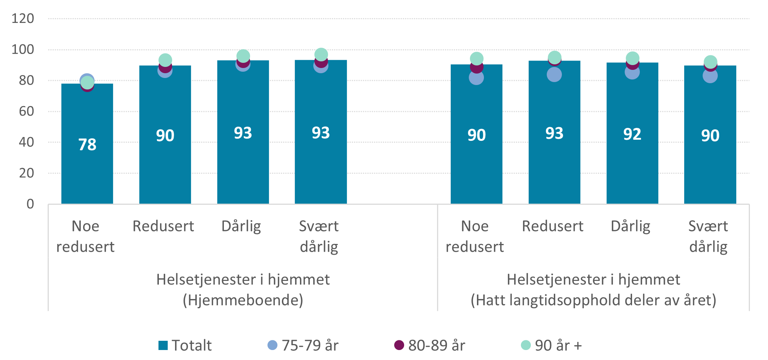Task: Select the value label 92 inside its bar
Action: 632,134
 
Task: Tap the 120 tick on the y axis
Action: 23,18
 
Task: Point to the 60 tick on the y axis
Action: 26,111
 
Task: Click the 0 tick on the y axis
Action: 30,204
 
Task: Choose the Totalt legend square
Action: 163,345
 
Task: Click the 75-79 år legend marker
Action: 272,345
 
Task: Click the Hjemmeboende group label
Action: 243,290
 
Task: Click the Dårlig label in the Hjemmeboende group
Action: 241,226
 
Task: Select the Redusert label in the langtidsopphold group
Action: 552,226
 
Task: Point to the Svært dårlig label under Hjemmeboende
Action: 319,236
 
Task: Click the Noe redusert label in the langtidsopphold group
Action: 475,236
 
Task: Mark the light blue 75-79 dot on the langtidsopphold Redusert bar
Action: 554,75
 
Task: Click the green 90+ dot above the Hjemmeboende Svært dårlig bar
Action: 321,55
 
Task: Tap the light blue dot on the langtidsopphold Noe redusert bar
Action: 476,78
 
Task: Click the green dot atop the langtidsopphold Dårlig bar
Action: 632,58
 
